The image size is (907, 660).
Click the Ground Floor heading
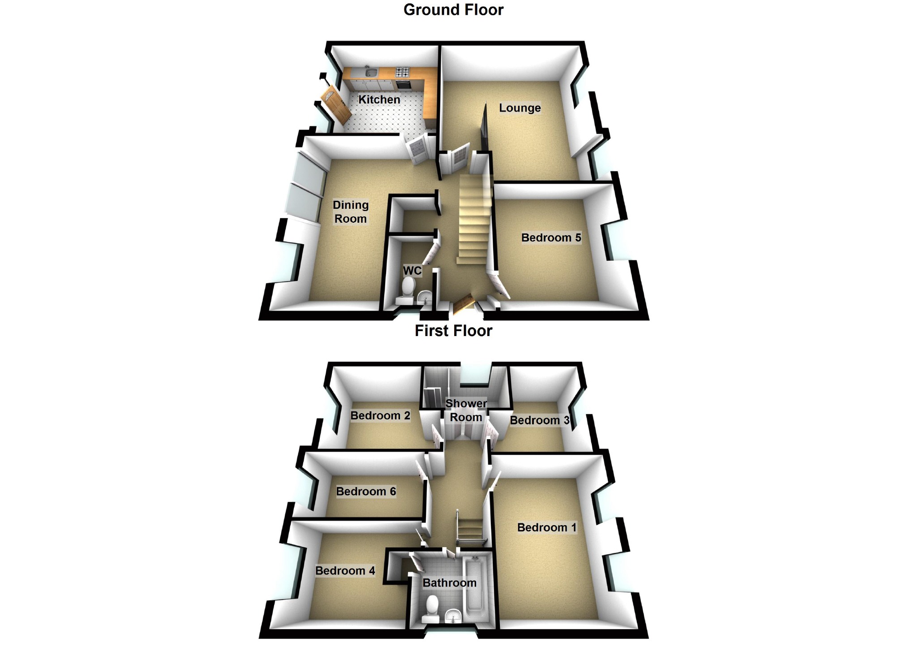coord(453,10)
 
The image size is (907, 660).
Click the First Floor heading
coord(453,331)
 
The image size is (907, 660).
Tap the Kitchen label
coord(379,99)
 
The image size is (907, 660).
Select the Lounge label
coord(520,108)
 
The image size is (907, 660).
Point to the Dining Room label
coord(351,212)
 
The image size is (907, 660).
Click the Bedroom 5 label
coord(551,237)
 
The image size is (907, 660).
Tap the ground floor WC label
coord(412,271)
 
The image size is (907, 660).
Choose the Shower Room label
coord(466,410)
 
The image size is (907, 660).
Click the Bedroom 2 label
coord(380,416)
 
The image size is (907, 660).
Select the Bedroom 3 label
coord(539,420)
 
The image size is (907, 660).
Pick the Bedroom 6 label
coord(366,492)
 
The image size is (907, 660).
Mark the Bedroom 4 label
coord(345,571)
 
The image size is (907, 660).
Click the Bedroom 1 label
coord(546,527)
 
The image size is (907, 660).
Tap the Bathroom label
coord(449,583)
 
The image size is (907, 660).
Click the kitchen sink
coord(370,72)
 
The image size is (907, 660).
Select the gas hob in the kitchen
coord(402,72)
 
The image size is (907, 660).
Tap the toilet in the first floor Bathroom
coord(432,607)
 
